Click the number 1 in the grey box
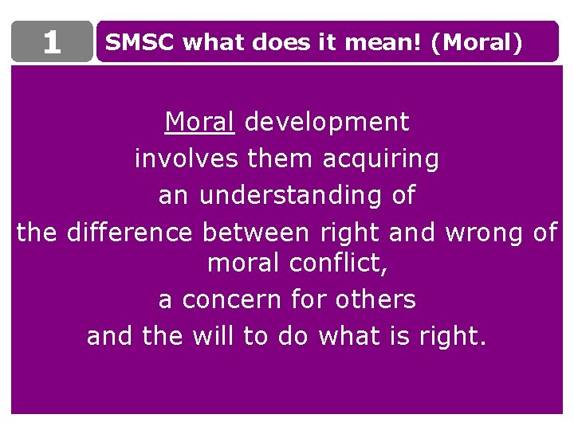point(52,42)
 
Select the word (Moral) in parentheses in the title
point(476,42)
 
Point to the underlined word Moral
point(199,122)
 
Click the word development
point(326,122)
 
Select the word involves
point(186,159)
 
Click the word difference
point(130,233)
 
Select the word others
point(375,299)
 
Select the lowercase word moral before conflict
point(244,263)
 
